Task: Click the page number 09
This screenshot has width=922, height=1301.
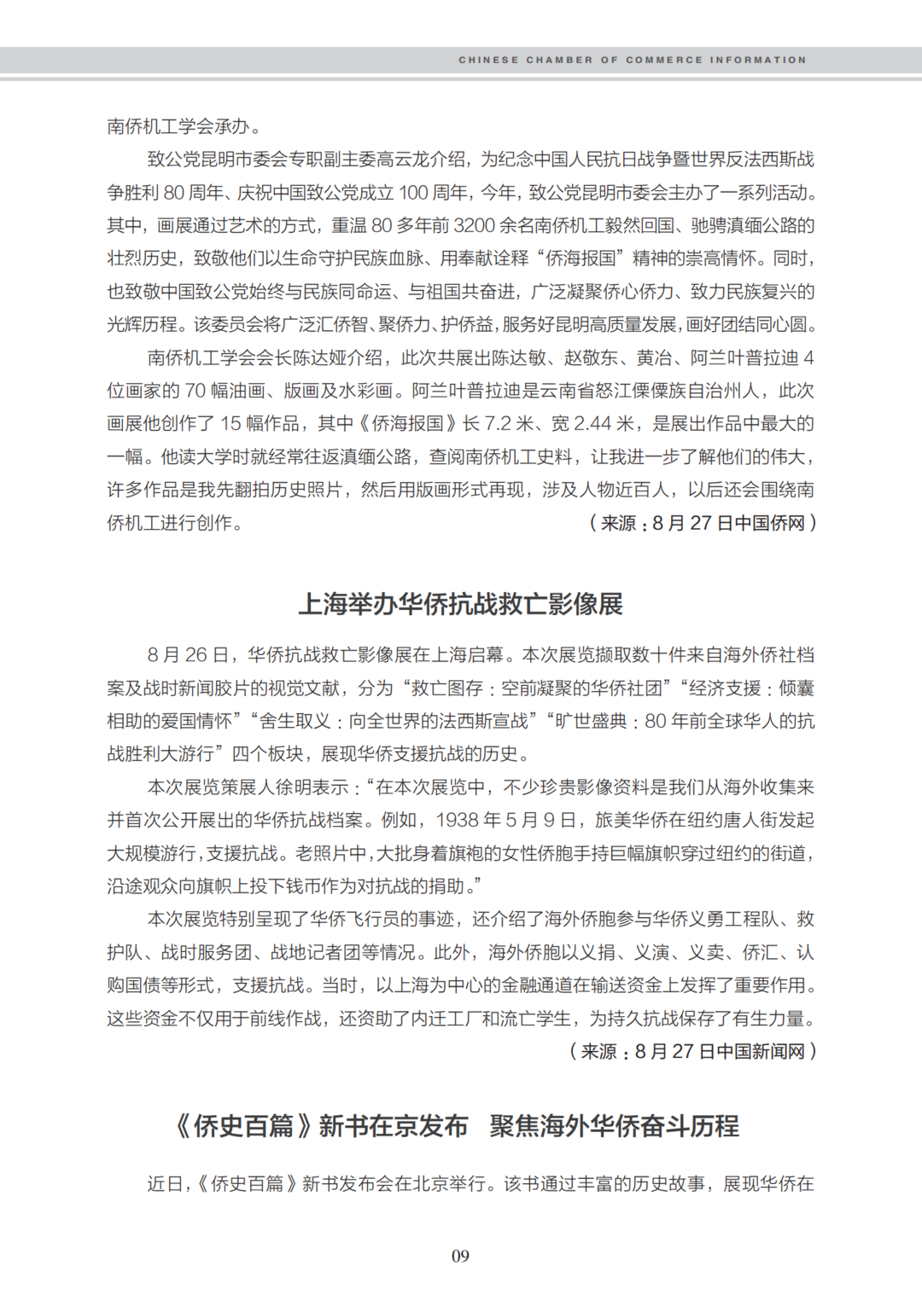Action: click(460, 1256)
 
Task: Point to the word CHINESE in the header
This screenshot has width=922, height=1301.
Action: click(488, 60)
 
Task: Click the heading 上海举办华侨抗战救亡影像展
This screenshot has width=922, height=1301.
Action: click(460, 604)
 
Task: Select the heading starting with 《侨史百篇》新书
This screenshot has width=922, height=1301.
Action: click(457, 1126)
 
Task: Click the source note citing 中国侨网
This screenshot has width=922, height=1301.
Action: click(703, 523)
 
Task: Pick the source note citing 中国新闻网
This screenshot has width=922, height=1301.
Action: click(692, 1051)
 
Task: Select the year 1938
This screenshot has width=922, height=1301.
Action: click(458, 821)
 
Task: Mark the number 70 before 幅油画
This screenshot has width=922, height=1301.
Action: click(195, 391)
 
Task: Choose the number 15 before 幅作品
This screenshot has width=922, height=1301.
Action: click(230, 424)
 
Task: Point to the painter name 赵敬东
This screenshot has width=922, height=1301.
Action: click(591, 358)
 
